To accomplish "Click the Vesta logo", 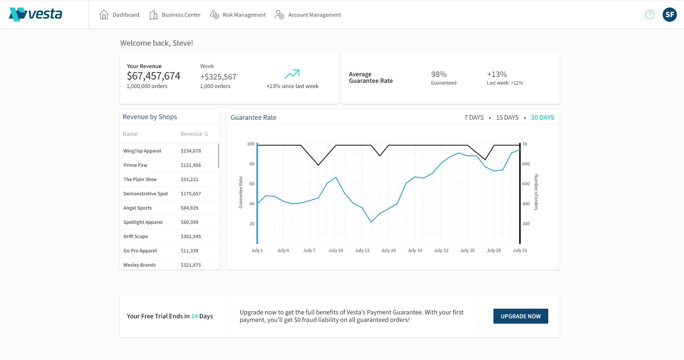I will [36, 14].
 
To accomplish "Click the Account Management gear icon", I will [280, 15].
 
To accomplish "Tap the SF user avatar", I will [669, 15].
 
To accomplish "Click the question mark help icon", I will [649, 15].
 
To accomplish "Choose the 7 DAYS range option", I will [474, 117].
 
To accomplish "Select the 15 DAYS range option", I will [507, 117].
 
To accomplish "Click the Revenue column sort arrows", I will [206, 134].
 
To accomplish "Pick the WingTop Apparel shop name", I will [142, 151].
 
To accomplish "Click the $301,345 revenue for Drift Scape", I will [191, 236].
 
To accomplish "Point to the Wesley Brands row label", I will [140, 265].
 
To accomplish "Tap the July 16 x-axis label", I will [388, 250].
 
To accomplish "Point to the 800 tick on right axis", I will [526, 164].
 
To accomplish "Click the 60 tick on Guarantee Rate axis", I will [252, 184].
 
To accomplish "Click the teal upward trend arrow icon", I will [292, 74].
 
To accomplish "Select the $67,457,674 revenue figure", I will [154, 76].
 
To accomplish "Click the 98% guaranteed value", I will [439, 74].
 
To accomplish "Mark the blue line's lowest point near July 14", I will [371, 222].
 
